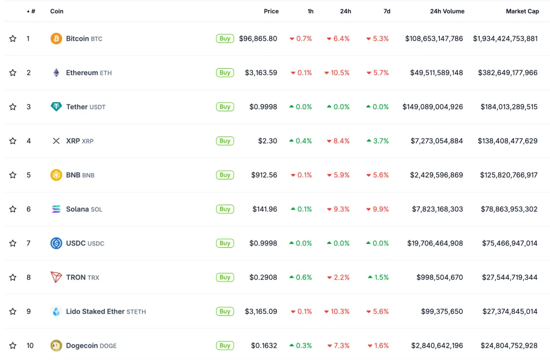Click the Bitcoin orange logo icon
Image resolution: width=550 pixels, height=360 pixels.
(x=56, y=39)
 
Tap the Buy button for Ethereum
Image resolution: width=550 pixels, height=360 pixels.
(x=225, y=73)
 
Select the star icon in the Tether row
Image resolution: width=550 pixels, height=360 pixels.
(x=13, y=107)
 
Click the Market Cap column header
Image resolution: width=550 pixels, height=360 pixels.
(x=522, y=11)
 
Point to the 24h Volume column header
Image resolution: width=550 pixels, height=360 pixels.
(x=447, y=11)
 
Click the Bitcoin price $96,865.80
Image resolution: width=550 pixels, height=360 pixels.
(x=258, y=39)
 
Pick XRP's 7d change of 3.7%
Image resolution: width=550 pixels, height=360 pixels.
(x=378, y=141)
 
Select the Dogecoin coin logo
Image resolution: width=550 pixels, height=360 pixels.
(x=56, y=345)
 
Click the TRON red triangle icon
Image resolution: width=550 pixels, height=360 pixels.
(x=56, y=277)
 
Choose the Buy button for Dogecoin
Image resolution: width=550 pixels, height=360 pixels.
(x=225, y=345)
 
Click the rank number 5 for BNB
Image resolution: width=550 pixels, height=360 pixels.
(x=28, y=175)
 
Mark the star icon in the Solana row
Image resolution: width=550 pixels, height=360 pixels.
(x=13, y=209)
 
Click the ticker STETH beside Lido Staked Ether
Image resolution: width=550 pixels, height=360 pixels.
(x=136, y=312)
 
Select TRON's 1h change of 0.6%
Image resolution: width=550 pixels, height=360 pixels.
(x=301, y=277)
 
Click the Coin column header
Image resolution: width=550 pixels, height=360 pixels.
(x=56, y=11)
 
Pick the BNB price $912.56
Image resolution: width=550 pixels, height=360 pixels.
(x=264, y=175)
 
